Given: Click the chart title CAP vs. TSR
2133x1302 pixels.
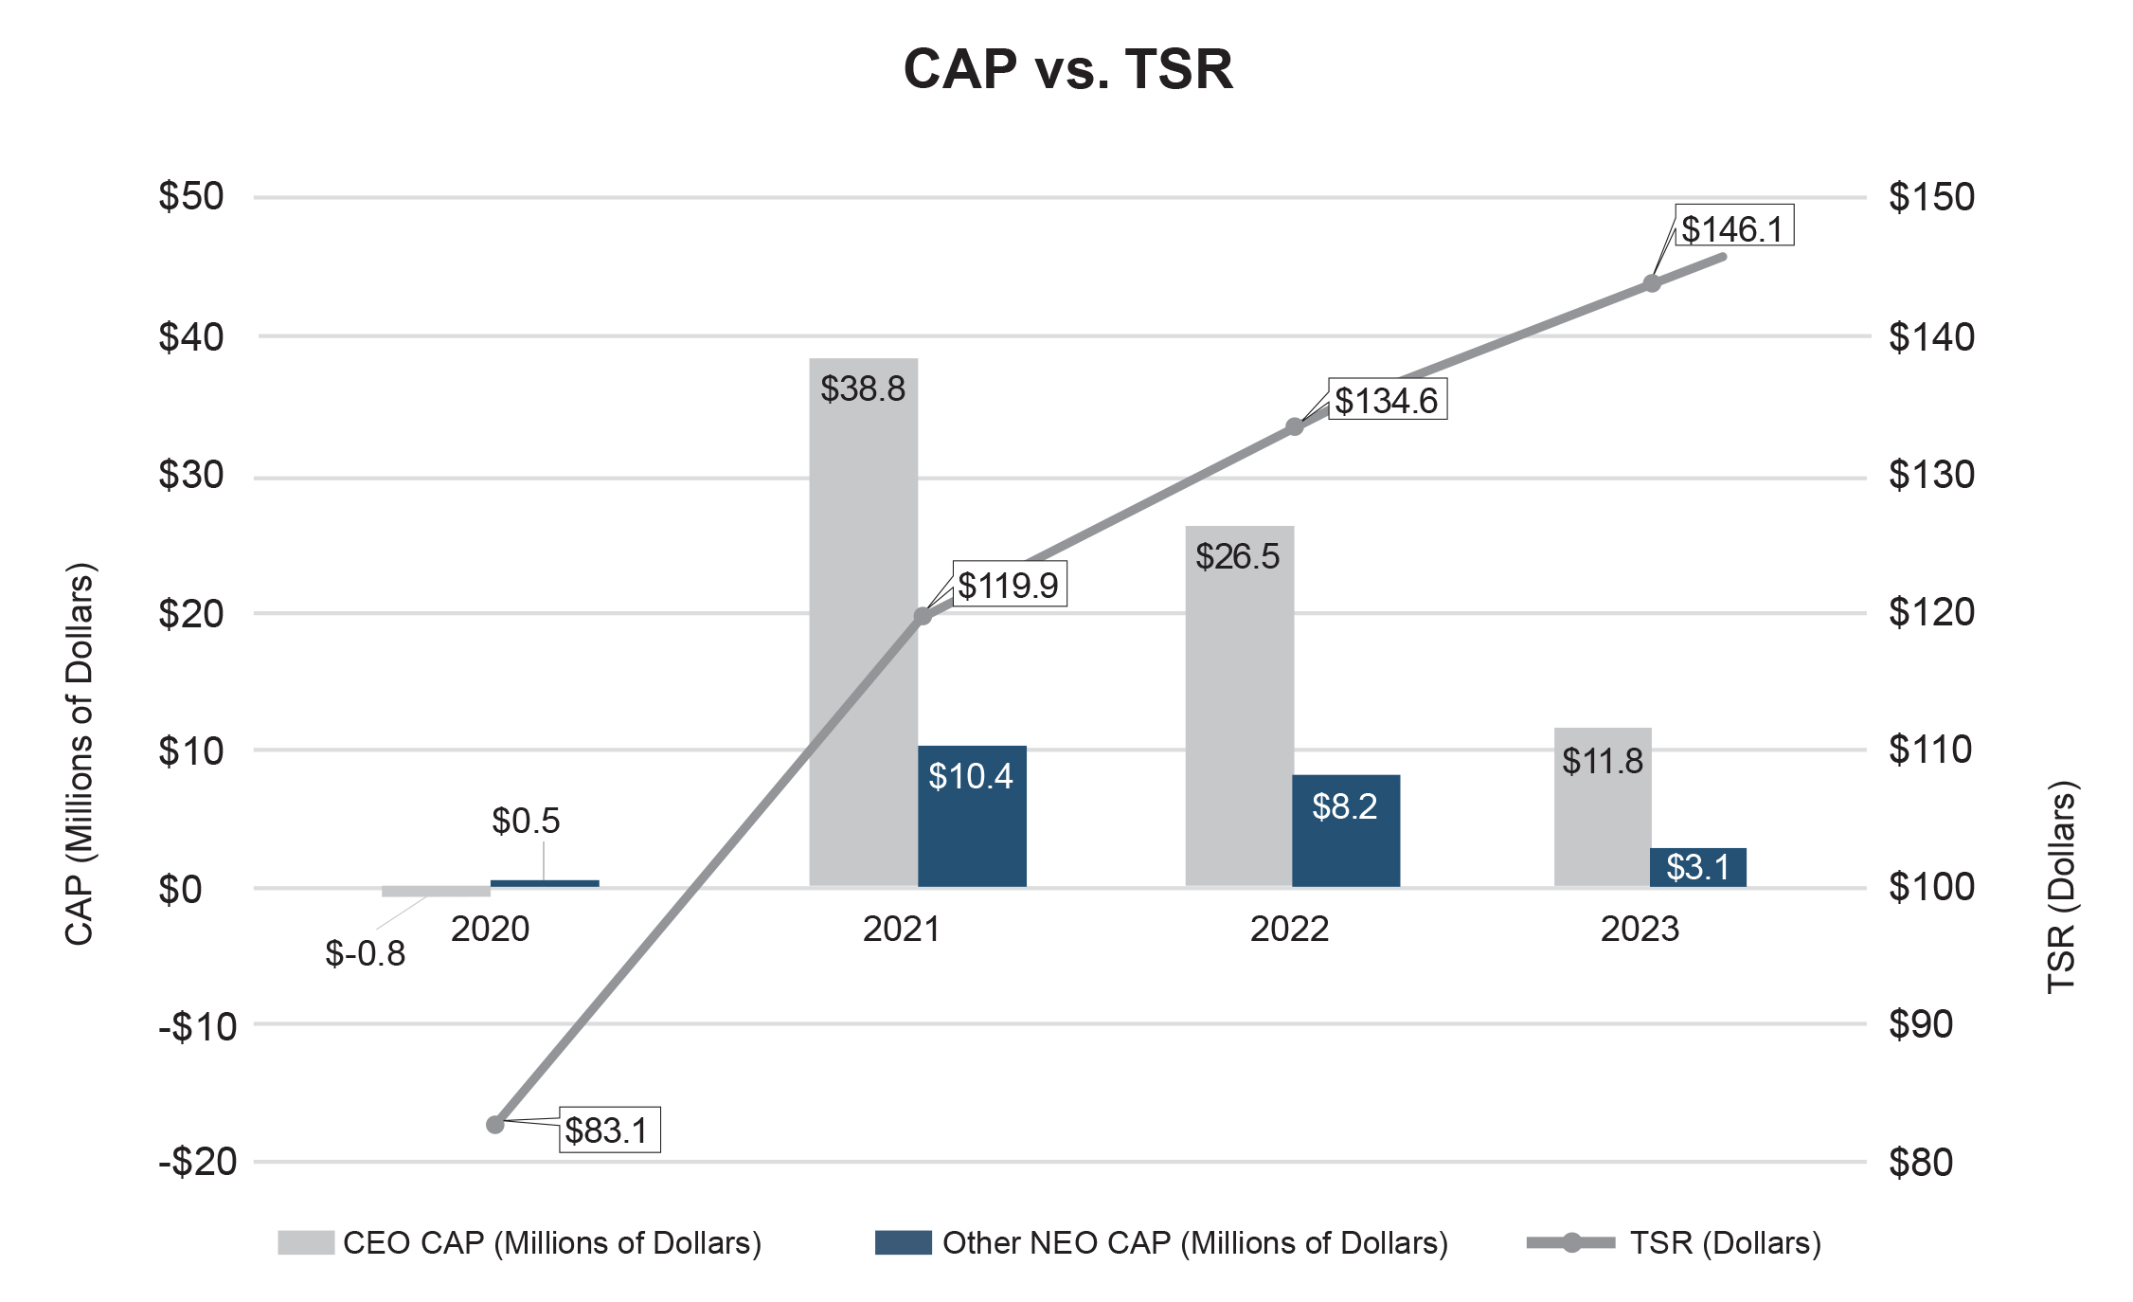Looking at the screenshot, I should pos(1067,69).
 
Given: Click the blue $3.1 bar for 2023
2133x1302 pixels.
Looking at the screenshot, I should pos(1697,867).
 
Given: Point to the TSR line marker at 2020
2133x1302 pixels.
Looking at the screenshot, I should pos(494,1125).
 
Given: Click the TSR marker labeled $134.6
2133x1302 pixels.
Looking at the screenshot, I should pos(1295,426).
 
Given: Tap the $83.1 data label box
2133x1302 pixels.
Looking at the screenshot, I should pos(609,1130).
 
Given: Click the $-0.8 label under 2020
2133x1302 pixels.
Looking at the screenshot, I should pos(365,953).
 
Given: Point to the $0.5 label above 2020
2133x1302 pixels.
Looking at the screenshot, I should pos(526,821).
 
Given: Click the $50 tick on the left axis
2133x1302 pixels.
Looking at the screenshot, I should pos(191,196).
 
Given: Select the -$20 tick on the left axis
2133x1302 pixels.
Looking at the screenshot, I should pos(197,1162).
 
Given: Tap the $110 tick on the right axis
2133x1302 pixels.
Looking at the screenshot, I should pos(1931,750).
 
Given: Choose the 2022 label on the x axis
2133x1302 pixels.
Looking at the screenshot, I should pos(1289,929).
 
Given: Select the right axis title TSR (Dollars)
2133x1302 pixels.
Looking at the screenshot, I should pos(2061,887).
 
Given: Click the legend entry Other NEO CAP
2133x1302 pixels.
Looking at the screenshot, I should pos(1160,1242).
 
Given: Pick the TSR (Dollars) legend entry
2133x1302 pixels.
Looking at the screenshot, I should pos(1674,1242).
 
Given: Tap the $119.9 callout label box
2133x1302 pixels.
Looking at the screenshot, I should pos(1009,584).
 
